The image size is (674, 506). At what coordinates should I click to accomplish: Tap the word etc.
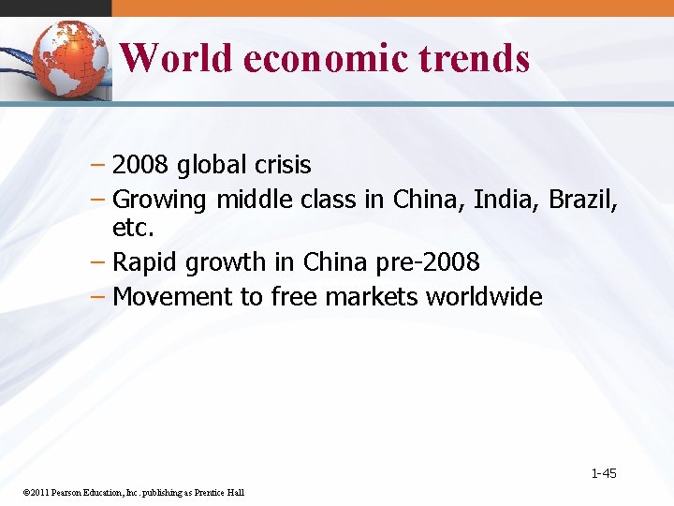pyautogui.click(x=132, y=229)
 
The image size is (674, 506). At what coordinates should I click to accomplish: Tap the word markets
pyautogui.click(x=372, y=297)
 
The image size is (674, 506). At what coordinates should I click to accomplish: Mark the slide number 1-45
pyautogui.click(x=604, y=473)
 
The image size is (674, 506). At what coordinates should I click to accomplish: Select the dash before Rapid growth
pyautogui.click(x=100, y=263)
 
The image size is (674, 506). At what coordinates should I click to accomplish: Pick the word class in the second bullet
pyautogui.click(x=328, y=200)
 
